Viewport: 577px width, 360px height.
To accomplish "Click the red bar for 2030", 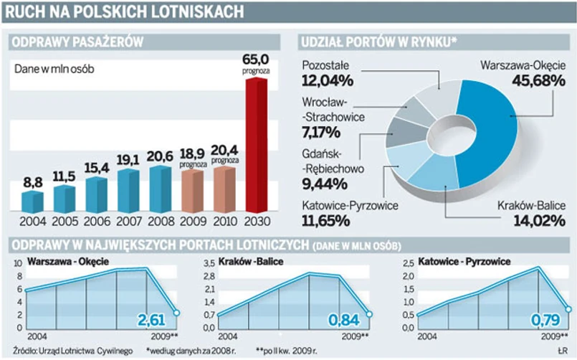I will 256,143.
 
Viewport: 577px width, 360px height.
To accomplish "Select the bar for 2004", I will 32,202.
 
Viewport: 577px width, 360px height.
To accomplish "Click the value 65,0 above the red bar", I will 255,60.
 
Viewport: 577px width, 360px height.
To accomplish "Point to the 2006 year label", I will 96,222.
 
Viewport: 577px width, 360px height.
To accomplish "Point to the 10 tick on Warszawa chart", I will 19,263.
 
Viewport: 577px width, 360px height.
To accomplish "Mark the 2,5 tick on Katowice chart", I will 406,263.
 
